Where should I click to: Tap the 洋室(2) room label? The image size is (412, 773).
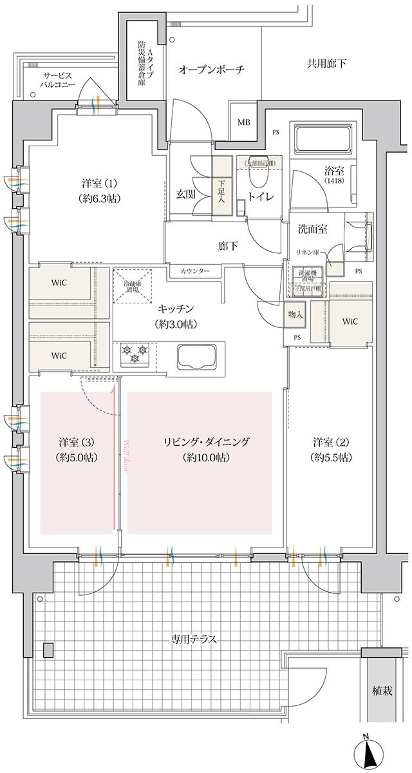tap(331, 450)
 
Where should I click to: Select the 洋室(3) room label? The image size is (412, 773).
tap(77, 450)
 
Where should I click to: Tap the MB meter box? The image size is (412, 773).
tap(244, 122)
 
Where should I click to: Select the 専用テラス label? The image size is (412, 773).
tap(193, 640)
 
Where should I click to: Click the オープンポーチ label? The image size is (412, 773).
tap(212, 69)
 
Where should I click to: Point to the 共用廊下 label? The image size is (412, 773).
tap(325, 63)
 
